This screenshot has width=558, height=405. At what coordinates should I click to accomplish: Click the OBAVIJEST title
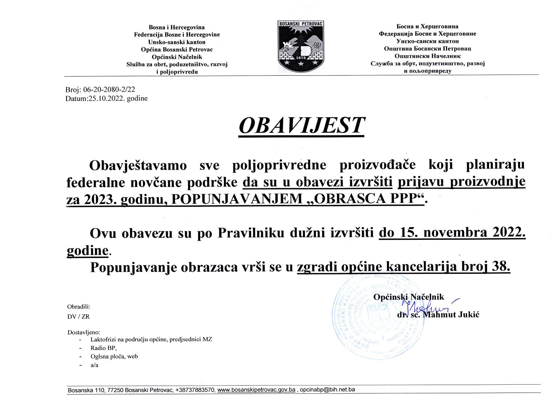301,125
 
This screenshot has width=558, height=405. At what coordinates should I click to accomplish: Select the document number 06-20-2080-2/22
109,90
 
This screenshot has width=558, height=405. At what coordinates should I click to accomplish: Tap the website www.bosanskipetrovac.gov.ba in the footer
256,390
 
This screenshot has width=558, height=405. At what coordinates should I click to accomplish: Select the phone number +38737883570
195,390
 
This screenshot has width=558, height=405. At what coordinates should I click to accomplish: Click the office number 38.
501,267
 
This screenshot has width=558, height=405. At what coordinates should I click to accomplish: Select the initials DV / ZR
79,317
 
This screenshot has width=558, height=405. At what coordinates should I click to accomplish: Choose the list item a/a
94,365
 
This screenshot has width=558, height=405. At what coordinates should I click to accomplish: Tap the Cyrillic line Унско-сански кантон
428,41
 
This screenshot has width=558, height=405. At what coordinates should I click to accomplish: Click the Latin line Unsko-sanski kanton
177,42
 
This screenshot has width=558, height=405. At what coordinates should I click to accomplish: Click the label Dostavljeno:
84,333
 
